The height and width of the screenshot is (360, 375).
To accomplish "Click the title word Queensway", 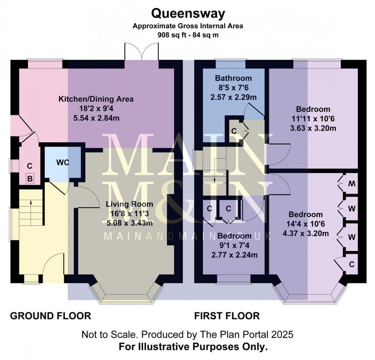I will click(x=187, y=14).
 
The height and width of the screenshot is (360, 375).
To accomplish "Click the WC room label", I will click(x=63, y=162).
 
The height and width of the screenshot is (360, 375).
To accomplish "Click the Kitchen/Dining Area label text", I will click(x=96, y=99).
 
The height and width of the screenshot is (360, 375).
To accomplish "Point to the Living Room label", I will click(x=129, y=204).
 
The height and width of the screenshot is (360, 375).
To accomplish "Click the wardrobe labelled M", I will click(x=351, y=184).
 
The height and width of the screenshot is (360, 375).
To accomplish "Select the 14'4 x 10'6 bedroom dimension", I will click(x=305, y=224).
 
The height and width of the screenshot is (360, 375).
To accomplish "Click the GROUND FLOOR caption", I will click(x=50, y=316).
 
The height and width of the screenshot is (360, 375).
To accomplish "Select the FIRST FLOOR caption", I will click(x=227, y=316).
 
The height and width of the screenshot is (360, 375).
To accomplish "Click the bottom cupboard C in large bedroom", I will click(x=351, y=264).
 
